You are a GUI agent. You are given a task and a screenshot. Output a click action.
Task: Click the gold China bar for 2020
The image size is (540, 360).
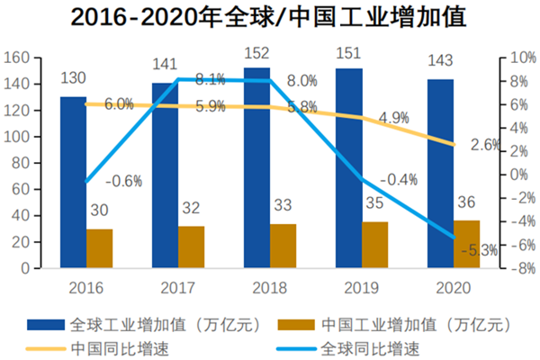click(x=466, y=244)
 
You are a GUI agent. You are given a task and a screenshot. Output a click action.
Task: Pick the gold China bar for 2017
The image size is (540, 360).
click(x=191, y=247)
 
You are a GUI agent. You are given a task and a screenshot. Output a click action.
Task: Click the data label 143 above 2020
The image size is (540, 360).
click(x=440, y=59)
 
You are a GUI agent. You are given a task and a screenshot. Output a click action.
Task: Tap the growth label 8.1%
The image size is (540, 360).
click(x=210, y=78)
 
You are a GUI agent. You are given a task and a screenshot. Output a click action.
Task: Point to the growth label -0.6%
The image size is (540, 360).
click(x=123, y=181)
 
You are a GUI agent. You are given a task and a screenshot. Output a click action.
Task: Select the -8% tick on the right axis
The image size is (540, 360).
click(x=517, y=268)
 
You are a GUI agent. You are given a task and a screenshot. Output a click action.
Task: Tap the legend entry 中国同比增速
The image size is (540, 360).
click(x=113, y=346)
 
